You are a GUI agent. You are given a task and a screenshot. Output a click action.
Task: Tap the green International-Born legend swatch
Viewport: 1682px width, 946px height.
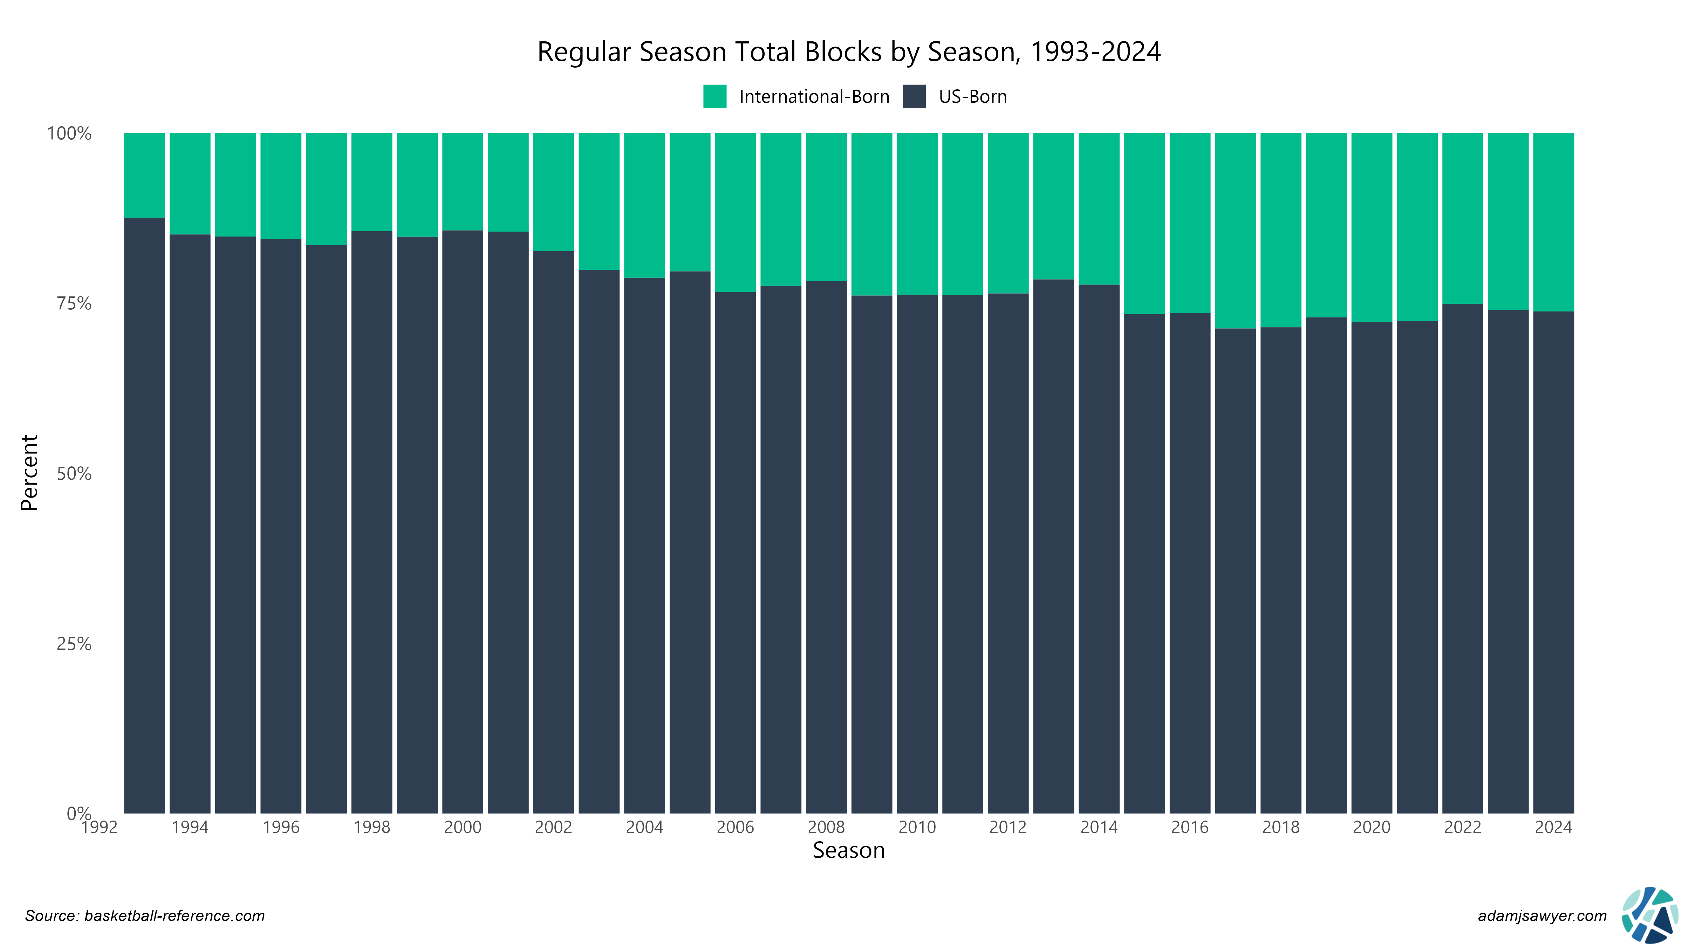click(x=714, y=97)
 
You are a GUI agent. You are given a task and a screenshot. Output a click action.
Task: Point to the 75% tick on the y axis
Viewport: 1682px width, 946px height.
click(x=74, y=303)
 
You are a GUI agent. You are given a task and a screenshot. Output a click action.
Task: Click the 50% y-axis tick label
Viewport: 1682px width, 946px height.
click(x=74, y=474)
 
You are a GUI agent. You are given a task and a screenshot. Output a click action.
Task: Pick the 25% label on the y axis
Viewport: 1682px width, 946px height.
click(x=74, y=644)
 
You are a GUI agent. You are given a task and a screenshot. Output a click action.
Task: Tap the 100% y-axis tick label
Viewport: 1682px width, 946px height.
click(x=69, y=134)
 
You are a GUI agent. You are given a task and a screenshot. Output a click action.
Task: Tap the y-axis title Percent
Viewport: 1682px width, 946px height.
click(x=29, y=473)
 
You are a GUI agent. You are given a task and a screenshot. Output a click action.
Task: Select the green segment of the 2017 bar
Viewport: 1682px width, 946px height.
click(x=1235, y=231)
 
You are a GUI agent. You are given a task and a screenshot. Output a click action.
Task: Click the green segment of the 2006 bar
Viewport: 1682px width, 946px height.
click(x=735, y=212)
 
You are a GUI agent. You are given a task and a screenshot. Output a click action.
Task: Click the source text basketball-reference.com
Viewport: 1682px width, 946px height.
click(x=145, y=916)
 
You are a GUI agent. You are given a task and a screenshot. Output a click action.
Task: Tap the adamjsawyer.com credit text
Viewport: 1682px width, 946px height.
click(x=1542, y=916)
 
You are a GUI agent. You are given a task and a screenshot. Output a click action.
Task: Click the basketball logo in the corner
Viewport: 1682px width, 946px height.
click(x=1649, y=915)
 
